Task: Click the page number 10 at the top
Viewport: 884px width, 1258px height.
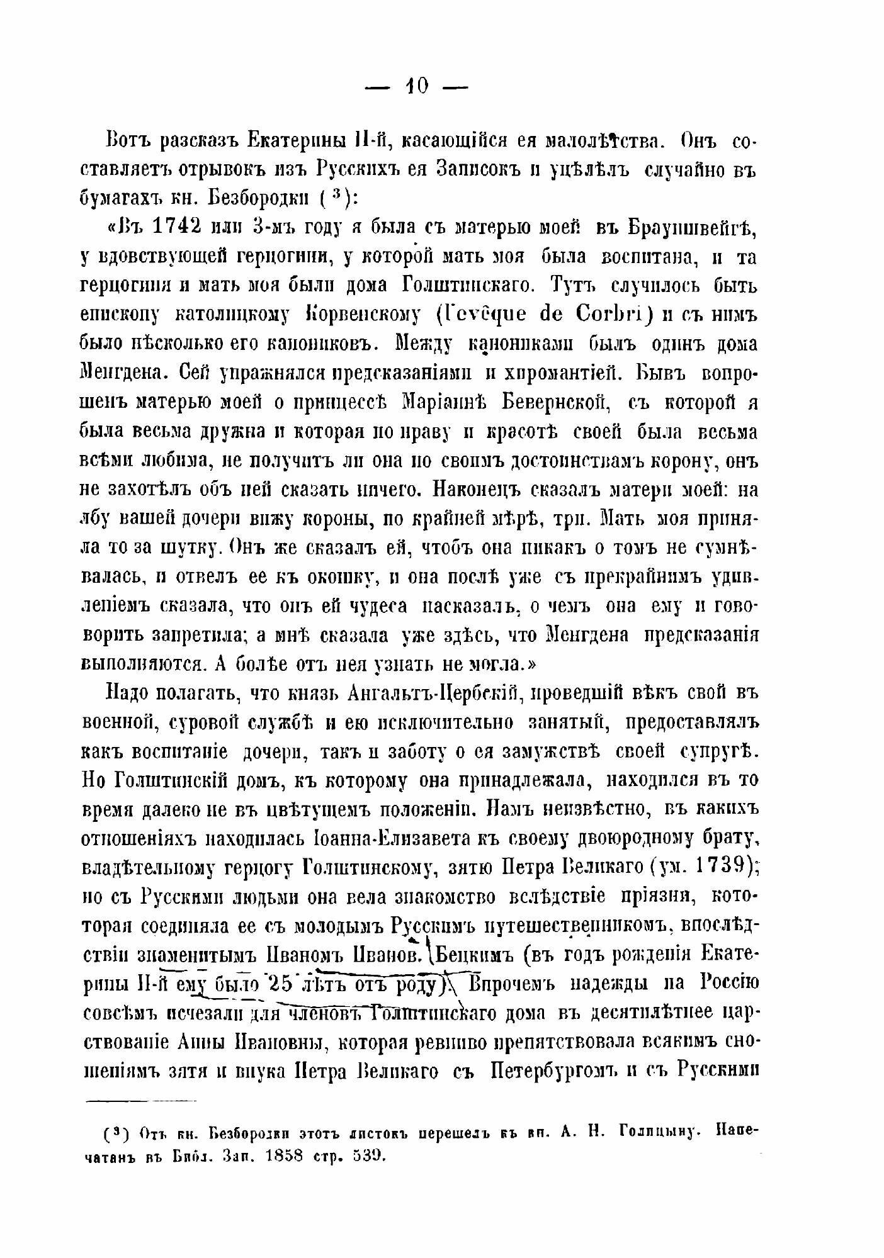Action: (417, 86)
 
